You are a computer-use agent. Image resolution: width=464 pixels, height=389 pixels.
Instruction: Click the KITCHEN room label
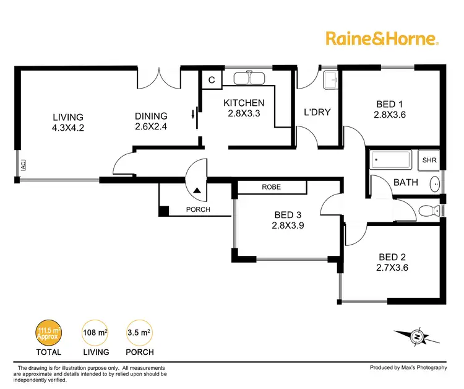click(244, 103)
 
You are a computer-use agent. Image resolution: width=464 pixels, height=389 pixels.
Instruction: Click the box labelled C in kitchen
click(212, 80)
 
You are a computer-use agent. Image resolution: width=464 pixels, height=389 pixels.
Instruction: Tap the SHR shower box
click(429, 160)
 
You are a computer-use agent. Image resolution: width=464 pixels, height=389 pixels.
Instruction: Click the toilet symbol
click(427, 211)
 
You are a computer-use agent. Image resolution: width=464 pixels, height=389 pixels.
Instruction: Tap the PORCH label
click(198, 209)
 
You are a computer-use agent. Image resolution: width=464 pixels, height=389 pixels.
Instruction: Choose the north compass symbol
click(418, 336)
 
